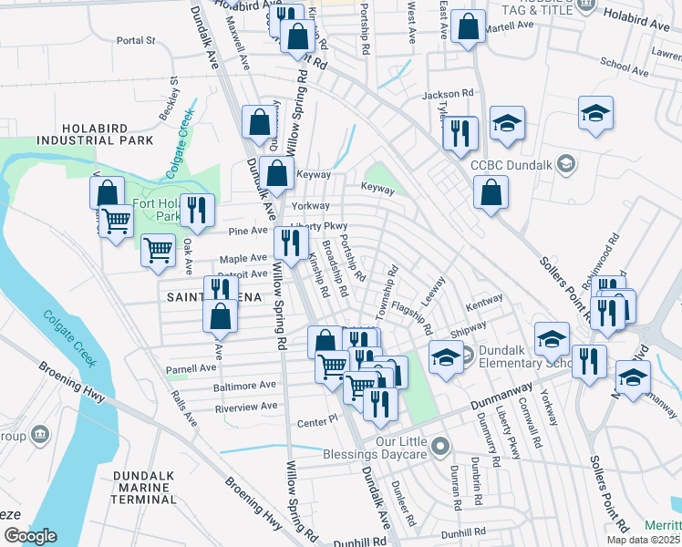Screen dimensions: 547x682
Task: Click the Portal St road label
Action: tap(138, 41)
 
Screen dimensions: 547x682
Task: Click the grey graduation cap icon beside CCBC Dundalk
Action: tap(566, 164)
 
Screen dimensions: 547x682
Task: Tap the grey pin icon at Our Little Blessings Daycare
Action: tap(441, 446)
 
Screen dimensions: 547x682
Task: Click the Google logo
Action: tap(30, 536)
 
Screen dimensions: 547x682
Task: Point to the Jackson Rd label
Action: tap(449, 94)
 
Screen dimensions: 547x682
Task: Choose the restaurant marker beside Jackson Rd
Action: tap(460, 133)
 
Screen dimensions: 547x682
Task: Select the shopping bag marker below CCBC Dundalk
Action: tap(491, 193)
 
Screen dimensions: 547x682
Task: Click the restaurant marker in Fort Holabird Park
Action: tap(197, 212)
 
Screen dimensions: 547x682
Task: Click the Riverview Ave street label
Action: tap(245, 408)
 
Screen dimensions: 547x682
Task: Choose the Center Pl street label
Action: tap(318, 424)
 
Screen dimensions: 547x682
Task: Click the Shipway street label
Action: tap(469, 326)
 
